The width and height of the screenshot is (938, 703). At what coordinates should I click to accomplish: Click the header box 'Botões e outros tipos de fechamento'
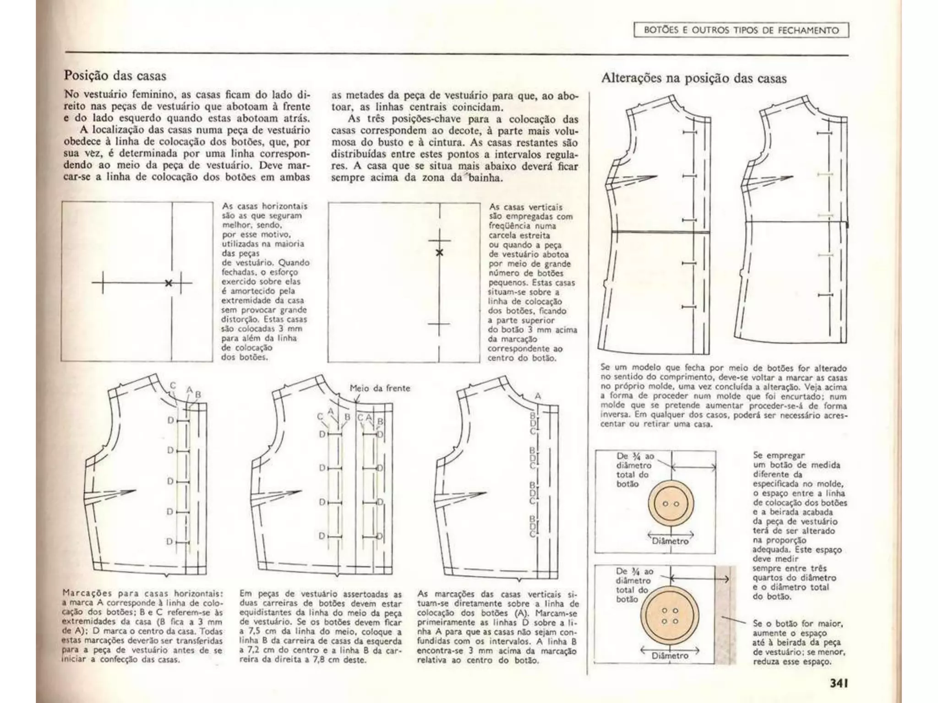[x=741, y=30]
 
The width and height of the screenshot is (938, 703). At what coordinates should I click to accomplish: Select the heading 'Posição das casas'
[x=115, y=75]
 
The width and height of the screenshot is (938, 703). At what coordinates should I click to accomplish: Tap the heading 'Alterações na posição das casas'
[x=693, y=78]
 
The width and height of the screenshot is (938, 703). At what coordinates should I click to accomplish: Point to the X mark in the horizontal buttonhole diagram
[x=169, y=283]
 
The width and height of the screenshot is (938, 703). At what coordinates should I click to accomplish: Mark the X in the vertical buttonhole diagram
[x=440, y=253]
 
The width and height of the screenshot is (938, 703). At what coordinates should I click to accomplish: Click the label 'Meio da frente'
[x=380, y=388]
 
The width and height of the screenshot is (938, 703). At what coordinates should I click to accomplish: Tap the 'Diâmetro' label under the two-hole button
[x=670, y=541]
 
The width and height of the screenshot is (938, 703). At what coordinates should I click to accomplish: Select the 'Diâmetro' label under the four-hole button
[x=670, y=655]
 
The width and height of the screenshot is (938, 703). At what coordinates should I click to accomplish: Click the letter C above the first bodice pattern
[x=173, y=385]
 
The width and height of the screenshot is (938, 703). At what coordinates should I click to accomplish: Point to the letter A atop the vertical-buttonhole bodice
[x=538, y=395]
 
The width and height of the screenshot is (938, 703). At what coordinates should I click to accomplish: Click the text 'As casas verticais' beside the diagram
[x=525, y=207]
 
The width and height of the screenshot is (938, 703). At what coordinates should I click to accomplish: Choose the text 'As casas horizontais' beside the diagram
[x=264, y=206]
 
